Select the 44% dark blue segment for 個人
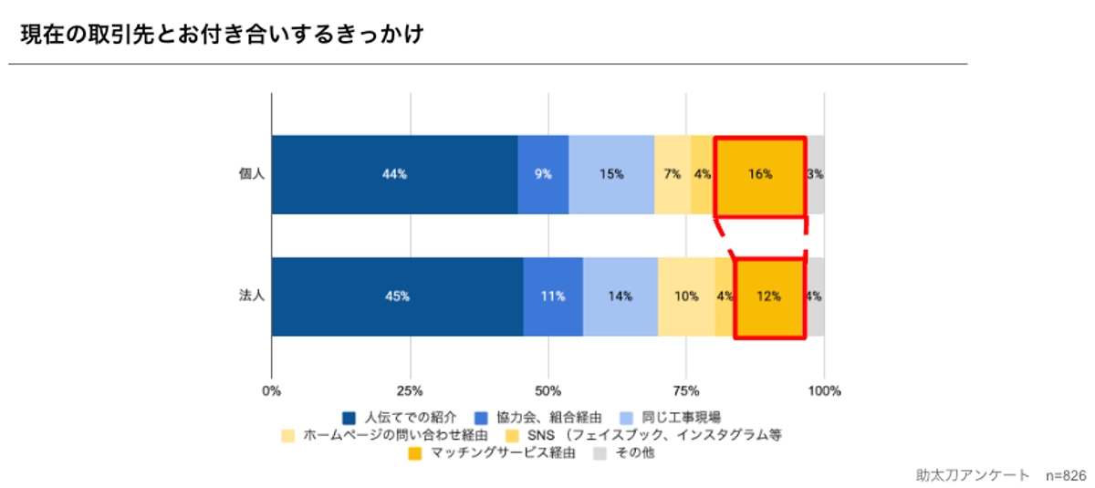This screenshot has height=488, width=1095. pos(394,174)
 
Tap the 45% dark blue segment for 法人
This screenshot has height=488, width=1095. pos(397,296)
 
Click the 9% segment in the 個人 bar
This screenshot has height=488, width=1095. pos(543,174)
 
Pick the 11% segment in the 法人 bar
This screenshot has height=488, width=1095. pos(553,296)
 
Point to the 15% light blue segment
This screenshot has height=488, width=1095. pos(611,174)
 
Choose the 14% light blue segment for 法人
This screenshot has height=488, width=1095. pos(620,296)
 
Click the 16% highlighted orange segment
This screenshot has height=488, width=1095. pos(760,174)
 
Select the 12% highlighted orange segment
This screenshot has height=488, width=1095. pos(769,296)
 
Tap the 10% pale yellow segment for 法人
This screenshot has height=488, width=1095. pos(686,296)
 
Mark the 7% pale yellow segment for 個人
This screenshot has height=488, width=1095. pos(673,174)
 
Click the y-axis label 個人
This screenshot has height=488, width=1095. pos(251,174)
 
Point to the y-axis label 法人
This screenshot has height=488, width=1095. pos(251,296)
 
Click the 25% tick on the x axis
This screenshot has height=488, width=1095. pos(410,391)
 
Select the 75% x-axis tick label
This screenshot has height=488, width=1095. pos(686,391)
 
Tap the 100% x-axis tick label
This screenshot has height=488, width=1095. pos(824,391)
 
